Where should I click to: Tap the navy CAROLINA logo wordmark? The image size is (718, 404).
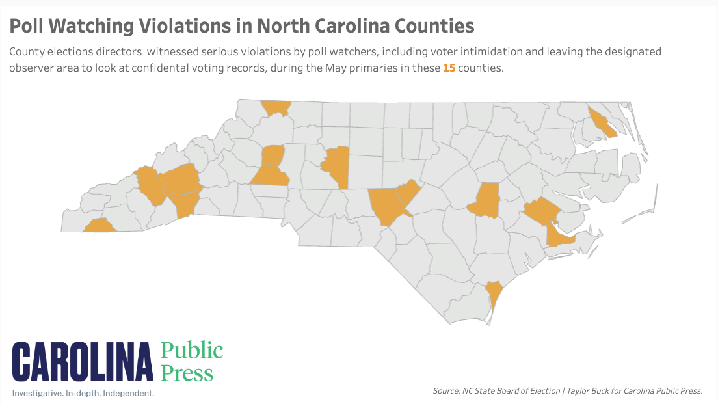click(x=83, y=362)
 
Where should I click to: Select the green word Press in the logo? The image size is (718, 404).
click(x=187, y=373)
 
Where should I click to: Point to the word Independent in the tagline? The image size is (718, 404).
click(x=126, y=394)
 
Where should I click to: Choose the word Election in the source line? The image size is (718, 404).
click(x=540, y=391)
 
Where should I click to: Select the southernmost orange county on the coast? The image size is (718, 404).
click(x=494, y=293)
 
